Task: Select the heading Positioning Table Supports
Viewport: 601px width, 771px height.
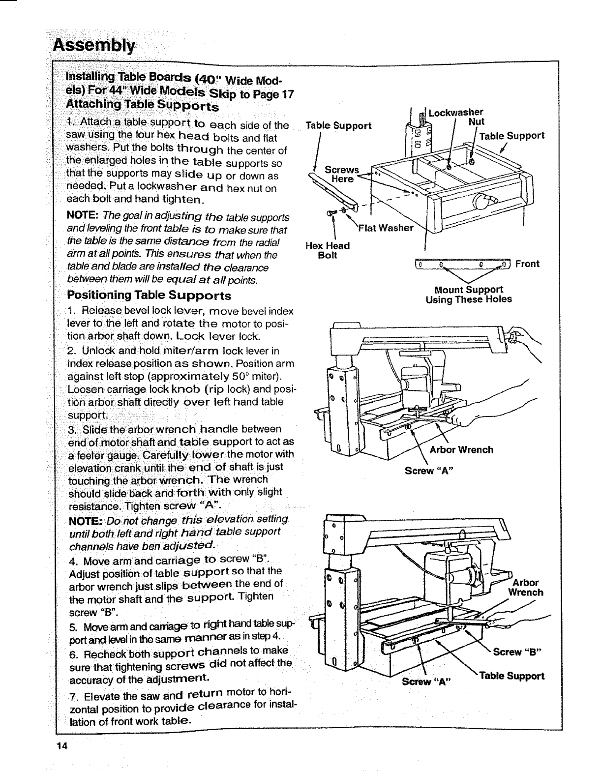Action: point(149,296)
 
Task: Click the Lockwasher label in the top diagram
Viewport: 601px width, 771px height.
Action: point(456,112)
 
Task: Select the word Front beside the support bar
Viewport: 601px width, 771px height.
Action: point(528,264)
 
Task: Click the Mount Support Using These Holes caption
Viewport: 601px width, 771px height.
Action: point(469,294)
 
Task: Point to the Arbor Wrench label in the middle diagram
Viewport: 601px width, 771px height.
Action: point(461,449)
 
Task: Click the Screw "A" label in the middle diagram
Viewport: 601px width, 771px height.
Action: point(428,471)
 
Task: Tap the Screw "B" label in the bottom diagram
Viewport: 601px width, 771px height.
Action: point(514,652)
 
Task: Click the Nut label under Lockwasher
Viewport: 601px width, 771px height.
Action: point(476,121)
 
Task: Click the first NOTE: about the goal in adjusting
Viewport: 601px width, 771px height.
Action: point(83,217)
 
